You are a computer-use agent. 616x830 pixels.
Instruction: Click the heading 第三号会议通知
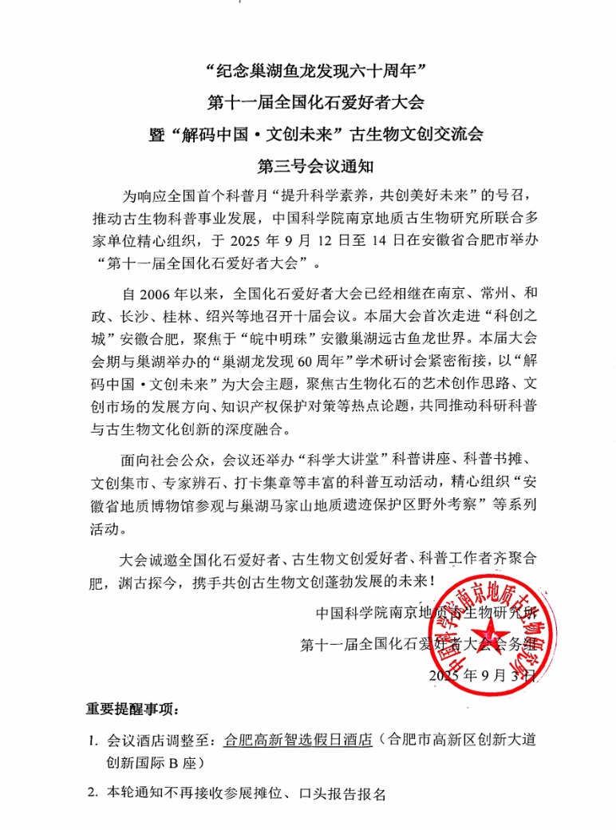click(306, 168)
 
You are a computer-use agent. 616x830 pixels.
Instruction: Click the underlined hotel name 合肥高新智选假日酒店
click(299, 739)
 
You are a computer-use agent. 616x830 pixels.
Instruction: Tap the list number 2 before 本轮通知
click(93, 794)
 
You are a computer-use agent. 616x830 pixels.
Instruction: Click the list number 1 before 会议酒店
click(93, 740)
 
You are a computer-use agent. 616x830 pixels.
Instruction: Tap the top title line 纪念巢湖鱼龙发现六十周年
click(308, 73)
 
